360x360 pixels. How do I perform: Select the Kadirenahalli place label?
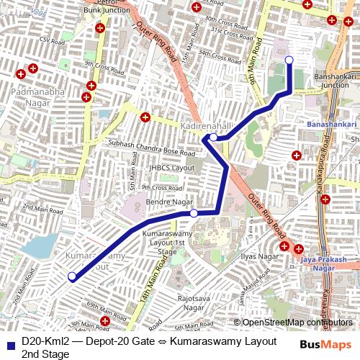click(x=207, y=125)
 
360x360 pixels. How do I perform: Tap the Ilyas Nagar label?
click(x=259, y=256)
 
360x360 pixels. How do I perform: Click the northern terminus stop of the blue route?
click(x=289, y=60)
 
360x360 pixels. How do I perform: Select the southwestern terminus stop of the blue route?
click(x=71, y=276)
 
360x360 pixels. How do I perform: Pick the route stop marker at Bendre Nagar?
click(x=194, y=213)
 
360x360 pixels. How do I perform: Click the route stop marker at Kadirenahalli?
click(x=214, y=137)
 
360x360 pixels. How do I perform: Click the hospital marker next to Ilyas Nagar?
click(x=284, y=246)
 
